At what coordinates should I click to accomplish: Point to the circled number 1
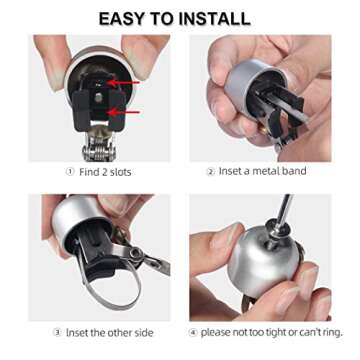click(x=72, y=171)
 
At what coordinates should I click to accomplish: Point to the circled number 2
click(x=211, y=171)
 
